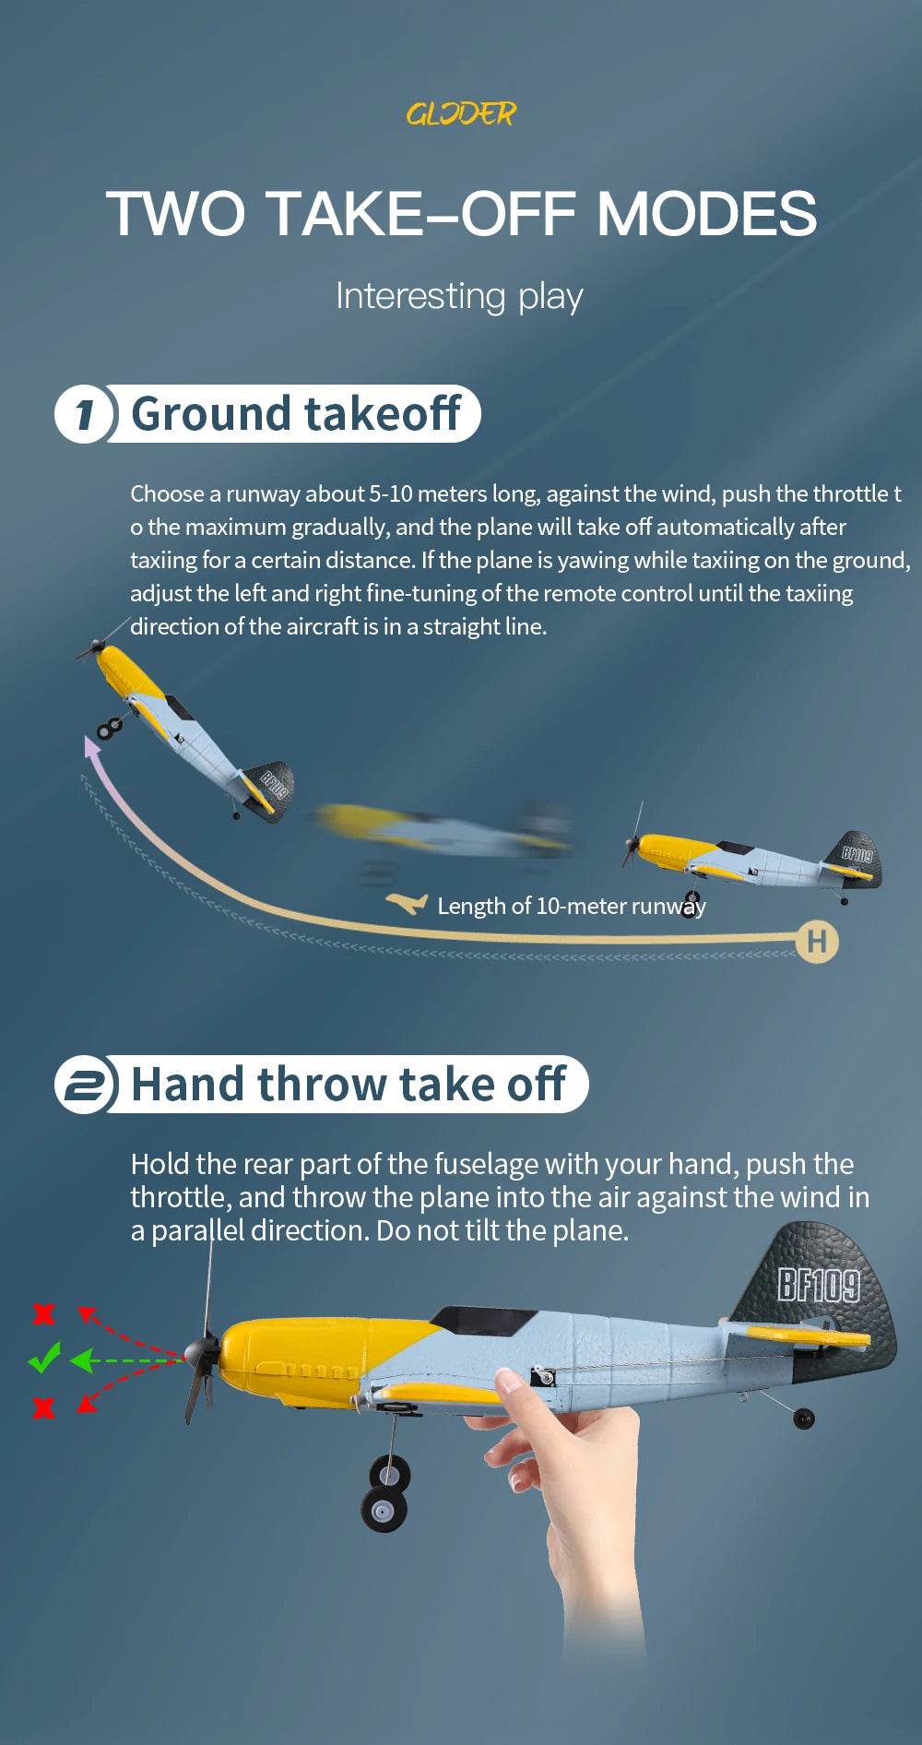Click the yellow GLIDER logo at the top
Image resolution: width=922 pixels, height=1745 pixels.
pos(461,113)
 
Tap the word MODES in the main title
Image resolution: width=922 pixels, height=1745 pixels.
pos(706,214)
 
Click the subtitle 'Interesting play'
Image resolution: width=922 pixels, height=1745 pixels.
pos(459,296)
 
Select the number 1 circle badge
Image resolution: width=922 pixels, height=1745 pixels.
pos(85,414)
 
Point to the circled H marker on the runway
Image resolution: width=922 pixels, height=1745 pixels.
pos(817,942)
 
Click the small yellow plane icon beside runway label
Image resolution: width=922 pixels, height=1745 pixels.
pos(407,903)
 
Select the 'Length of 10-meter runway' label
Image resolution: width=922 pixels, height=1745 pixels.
pos(572,906)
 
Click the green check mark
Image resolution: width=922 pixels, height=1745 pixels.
pos(43,1358)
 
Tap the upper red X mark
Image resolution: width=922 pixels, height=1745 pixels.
pos(43,1313)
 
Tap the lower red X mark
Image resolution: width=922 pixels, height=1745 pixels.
pos(43,1407)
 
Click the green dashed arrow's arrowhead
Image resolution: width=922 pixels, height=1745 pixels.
pos(80,1359)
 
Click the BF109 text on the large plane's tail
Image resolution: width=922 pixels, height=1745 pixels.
pos(819,1284)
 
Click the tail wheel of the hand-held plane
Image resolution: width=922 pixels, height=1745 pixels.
pos(804,1418)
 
